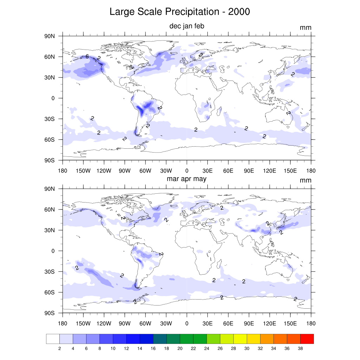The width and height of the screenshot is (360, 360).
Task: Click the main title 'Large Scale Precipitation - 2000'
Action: coord(180,12)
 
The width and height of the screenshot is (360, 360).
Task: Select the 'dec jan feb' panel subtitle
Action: coord(187,26)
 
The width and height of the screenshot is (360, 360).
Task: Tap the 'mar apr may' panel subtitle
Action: coord(187,179)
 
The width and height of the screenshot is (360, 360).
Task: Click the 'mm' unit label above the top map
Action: coord(306,28)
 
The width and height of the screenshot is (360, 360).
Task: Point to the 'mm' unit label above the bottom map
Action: coord(306,180)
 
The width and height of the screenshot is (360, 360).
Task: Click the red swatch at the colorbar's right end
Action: coord(307,339)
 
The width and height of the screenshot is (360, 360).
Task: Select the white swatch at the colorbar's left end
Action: coord(53,339)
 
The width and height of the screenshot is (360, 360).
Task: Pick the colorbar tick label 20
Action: coord(180,348)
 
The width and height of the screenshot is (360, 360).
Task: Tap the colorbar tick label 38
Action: coord(300,348)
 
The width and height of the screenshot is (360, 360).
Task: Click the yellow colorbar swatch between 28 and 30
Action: coord(240,339)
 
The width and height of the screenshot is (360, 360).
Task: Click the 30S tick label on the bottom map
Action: coord(51,272)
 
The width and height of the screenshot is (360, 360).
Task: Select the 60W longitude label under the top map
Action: coord(145,171)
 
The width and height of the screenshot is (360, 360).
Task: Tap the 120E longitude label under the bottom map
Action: coord(270,323)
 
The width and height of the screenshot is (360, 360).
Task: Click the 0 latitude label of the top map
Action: coord(53,98)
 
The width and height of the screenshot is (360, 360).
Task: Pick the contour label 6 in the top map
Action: coord(87,56)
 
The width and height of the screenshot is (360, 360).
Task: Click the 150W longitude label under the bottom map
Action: coord(83,323)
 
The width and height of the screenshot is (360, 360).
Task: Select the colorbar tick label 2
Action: coord(59,348)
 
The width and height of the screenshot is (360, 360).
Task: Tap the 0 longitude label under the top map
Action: coord(187,171)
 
